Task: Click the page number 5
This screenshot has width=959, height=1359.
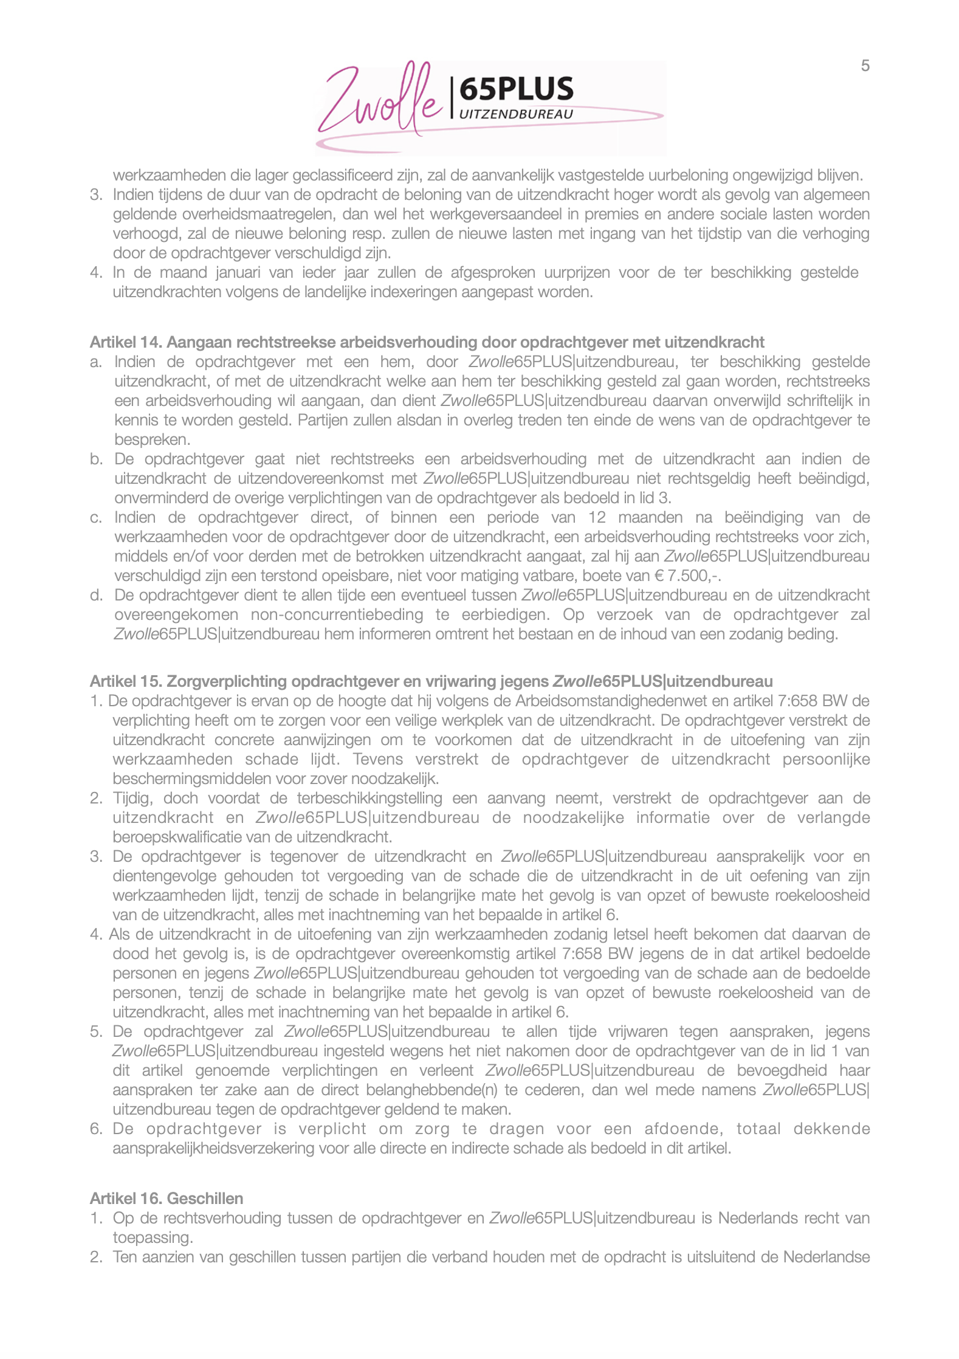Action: tap(865, 66)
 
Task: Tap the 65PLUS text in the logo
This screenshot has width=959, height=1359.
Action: tap(516, 89)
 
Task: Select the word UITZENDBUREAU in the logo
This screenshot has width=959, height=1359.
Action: tap(516, 114)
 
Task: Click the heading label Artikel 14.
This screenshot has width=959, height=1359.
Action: tap(126, 342)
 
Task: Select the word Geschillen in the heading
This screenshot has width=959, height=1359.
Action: tap(205, 1199)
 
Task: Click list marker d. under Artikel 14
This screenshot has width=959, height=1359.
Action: tap(96, 595)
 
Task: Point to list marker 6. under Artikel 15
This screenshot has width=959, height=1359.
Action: tap(96, 1129)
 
